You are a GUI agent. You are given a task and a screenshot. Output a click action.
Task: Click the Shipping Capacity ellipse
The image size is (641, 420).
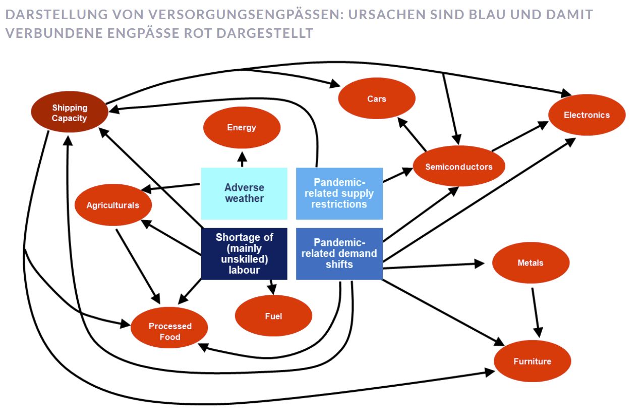70,113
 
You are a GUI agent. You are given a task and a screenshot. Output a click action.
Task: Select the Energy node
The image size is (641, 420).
242,128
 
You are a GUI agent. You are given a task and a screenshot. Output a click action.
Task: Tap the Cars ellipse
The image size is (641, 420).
377,99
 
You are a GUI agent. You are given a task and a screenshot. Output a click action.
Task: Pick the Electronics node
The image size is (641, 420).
587,115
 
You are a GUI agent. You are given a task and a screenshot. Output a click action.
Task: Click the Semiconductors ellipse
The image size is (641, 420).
458,167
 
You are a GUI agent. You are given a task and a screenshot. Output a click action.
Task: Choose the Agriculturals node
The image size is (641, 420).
112,205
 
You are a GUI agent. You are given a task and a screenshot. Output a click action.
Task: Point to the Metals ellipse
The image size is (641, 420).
531,263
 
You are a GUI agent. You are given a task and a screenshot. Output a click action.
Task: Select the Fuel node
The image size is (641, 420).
273,316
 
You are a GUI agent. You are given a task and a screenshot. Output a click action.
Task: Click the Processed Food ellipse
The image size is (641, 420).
169,331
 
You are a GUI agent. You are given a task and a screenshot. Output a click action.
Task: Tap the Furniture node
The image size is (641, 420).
532,361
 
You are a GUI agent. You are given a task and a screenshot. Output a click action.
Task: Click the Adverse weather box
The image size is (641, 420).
244,193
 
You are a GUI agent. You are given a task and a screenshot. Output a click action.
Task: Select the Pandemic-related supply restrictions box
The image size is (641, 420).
339,193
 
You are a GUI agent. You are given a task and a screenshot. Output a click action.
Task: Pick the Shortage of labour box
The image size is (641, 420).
244,253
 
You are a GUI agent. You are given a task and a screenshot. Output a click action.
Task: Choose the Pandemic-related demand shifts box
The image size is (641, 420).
339,253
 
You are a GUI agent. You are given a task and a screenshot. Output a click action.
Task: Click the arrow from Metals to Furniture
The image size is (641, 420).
536,311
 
